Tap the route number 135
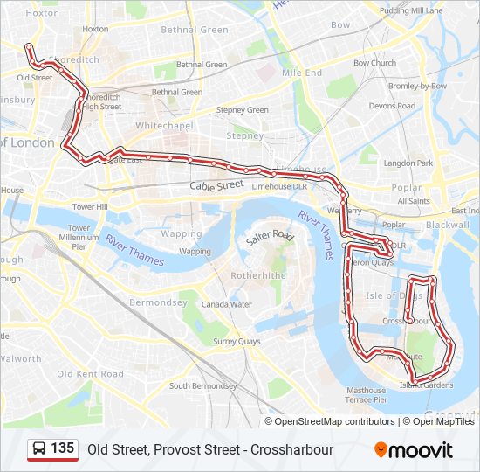point(62,448)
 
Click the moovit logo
point(414,450)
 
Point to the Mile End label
point(302,73)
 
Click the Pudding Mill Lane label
point(412,10)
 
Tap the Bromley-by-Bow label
point(417,87)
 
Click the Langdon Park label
point(408,163)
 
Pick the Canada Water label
point(226,305)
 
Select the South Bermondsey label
point(202,385)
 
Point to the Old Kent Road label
point(91,374)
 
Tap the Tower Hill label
point(90,207)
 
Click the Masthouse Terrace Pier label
point(366,395)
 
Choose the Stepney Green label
point(243,110)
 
